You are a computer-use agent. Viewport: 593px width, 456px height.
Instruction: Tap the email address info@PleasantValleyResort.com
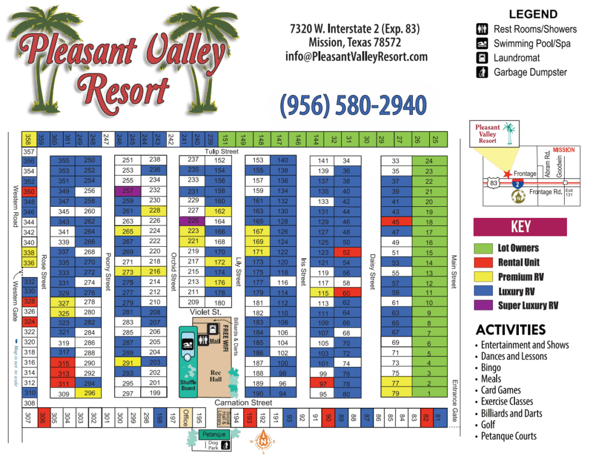click(356, 57)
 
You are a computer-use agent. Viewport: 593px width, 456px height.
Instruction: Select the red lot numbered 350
click(29, 191)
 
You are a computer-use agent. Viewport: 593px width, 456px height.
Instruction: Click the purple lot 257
click(128, 191)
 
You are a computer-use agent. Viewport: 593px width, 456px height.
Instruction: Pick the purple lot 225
click(193, 221)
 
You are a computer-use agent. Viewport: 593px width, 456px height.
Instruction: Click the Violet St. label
click(206, 312)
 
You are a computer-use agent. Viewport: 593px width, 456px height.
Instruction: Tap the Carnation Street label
click(243, 403)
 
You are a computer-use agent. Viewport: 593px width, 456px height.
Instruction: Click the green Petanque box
click(214, 434)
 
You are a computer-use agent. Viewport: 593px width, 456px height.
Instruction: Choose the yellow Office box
click(185, 417)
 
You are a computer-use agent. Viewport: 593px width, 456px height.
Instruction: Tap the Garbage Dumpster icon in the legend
click(482, 72)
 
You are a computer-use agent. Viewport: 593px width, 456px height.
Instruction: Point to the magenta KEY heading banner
click(519, 226)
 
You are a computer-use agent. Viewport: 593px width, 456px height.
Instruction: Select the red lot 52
click(346, 252)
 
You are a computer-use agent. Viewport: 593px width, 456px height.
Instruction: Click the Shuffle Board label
click(188, 385)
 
